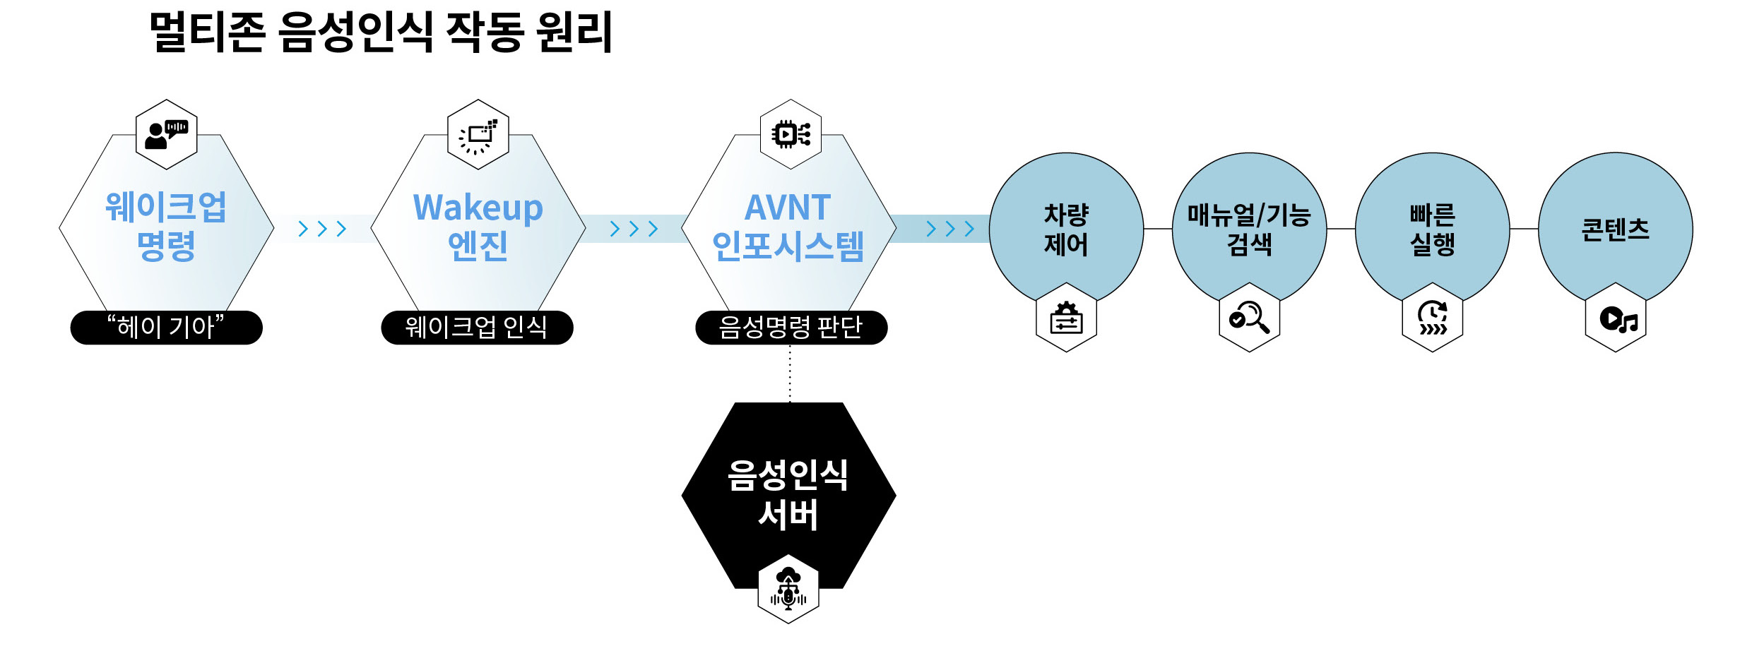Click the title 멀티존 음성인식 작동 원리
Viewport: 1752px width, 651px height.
coord(381,32)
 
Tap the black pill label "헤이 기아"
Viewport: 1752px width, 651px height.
coord(166,328)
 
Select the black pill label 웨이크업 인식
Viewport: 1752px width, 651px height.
coord(477,328)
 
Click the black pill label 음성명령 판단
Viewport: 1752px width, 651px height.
coord(791,328)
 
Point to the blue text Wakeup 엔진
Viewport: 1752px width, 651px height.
coord(478,227)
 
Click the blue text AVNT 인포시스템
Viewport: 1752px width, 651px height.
coord(788,227)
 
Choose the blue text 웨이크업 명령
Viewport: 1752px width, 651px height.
coord(166,227)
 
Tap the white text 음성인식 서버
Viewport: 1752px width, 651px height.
coord(788,495)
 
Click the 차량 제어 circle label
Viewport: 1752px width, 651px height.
coord(1066,229)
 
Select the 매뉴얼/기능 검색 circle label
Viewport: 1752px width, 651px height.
coord(1249,229)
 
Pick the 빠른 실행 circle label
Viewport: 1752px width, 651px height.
coord(1432,229)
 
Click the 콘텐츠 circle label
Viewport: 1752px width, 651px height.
coord(1615,229)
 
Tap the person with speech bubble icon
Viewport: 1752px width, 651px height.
coord(166,134)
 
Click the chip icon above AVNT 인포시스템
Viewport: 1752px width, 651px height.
coord(791,134)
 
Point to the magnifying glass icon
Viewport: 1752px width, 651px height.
coord(1249,317)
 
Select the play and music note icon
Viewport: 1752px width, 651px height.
coord(1616,320)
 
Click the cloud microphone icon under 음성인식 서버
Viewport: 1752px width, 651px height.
coord(788,590)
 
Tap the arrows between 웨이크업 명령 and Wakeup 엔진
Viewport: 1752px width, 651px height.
coord(322,229)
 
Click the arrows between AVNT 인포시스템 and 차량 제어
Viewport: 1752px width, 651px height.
coord(950,229)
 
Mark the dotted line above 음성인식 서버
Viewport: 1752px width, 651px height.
coord(790,374)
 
